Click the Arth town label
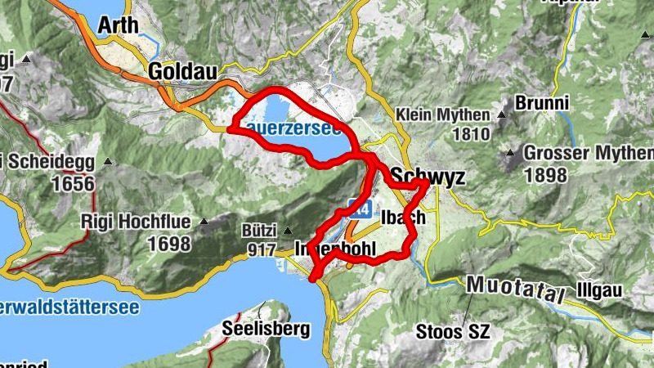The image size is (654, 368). [x=118, y=25]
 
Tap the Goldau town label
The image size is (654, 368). [x=183, y=73]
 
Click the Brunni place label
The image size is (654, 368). [x=542, y=104]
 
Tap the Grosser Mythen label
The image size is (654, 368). [x=588, y=153]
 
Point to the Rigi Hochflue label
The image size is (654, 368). [x=136, y=221]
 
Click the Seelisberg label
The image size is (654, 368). [x=267, y=330]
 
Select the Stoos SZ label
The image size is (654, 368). [x=452, y=332]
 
